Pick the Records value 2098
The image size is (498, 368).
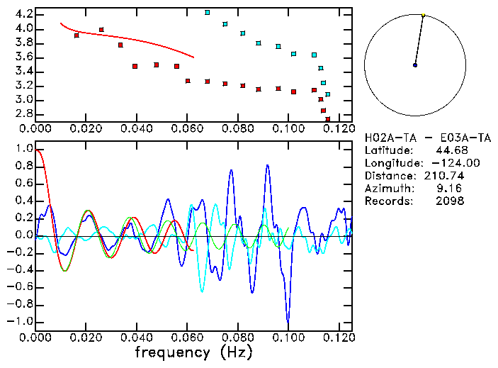(450, 201)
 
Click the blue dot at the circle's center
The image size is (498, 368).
(415, 65)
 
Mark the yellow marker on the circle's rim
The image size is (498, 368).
(423, 15)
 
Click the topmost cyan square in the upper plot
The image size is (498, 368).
(207, 13)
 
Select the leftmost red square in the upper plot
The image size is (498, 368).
(77, 35)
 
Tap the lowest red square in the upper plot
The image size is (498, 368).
(327, 119)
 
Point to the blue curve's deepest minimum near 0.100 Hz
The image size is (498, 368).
(288, 320)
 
